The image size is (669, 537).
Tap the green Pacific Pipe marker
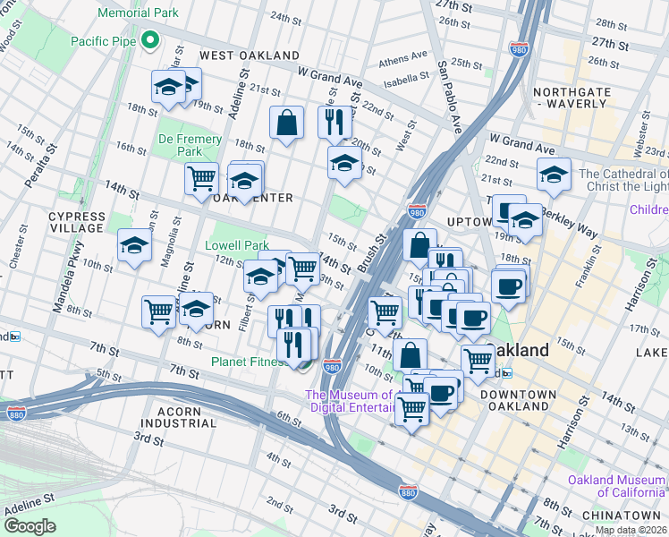151,40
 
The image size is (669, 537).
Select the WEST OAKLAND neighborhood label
249,55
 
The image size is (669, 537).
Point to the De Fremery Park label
190,145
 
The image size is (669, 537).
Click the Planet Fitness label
249,362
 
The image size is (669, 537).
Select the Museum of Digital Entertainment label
351,401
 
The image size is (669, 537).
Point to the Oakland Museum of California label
616,486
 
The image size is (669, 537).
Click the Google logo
30,526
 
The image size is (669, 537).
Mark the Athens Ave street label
403,60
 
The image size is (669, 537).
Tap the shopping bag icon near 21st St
287,124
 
